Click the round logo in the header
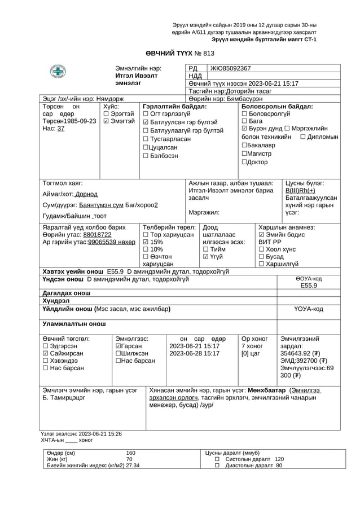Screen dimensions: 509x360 57,72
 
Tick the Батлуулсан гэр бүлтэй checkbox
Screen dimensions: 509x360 146,122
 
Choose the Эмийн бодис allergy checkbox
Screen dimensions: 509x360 261,234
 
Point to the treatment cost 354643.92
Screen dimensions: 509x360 300,353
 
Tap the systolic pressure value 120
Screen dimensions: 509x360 279,459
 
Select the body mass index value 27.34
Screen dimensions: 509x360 133,466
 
